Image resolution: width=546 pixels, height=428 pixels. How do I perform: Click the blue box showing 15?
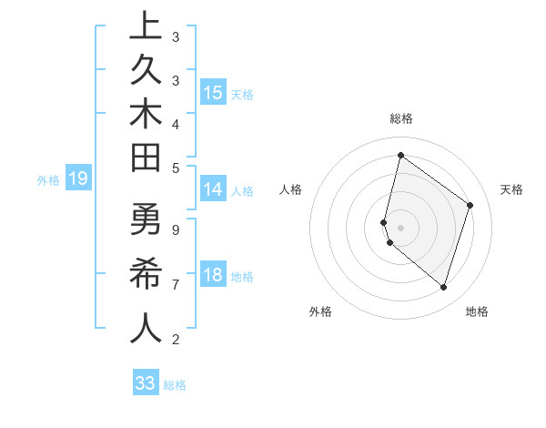pos(213,93)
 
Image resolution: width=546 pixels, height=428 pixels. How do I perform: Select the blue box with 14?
pos(213,189)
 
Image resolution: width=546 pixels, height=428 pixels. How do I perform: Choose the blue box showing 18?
pos(213,275)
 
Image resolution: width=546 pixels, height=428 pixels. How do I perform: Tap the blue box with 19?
pos(77,178)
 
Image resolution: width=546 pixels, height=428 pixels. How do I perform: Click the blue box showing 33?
pos(146,383)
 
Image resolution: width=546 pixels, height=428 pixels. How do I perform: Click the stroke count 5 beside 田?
pos(175,168)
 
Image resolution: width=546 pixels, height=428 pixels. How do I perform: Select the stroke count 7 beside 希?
pos(175,285)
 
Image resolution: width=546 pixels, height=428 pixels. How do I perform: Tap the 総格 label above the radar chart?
pos(401,118)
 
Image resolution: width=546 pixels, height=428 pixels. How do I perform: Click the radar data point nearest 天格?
pos(470,205)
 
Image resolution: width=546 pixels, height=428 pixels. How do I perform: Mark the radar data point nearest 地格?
pos(443,287)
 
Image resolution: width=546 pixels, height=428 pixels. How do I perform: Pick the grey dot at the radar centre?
pos(400,227)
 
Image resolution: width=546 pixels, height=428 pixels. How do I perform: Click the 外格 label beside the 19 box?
pos(48,179)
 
